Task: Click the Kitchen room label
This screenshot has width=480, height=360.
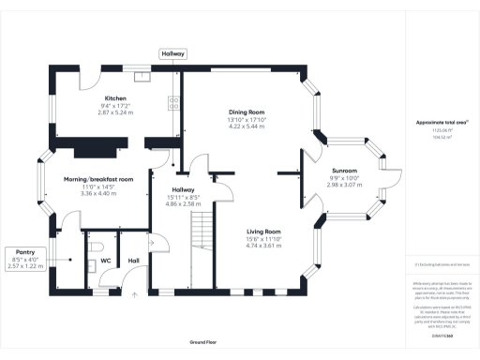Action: click(x=115, y=97)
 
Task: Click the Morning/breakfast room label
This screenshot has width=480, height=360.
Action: click(x=98, y=178)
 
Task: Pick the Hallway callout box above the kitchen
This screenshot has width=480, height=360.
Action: click(x=172, y=54)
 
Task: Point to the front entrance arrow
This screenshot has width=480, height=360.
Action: click(x=133, y=295)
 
